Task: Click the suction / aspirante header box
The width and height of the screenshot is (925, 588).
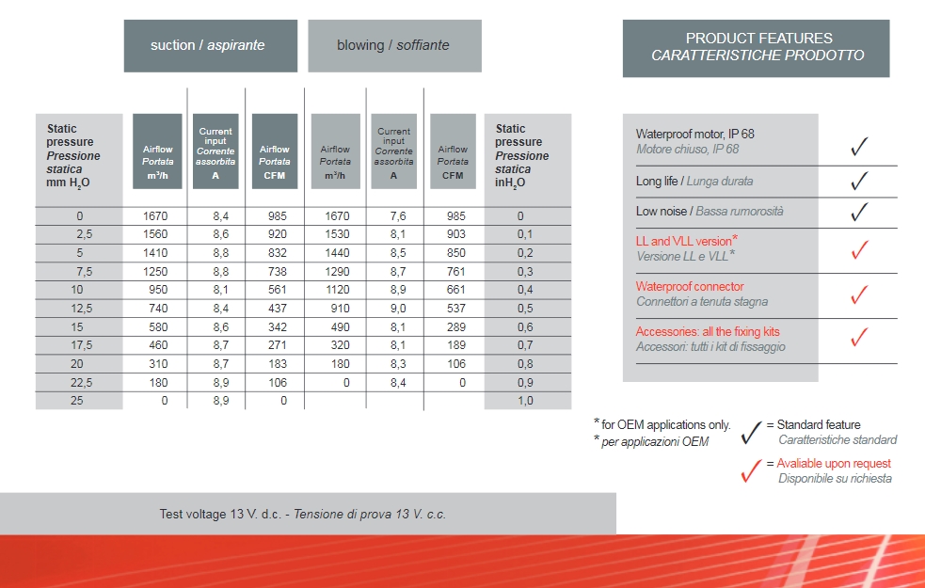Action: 210,45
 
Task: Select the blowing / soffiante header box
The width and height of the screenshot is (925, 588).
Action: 394,45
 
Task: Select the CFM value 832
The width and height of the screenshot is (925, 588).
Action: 277,253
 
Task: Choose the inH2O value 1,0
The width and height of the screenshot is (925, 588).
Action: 525,401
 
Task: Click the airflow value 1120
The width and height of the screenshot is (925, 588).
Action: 336,290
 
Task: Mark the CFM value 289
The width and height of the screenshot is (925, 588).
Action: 455,326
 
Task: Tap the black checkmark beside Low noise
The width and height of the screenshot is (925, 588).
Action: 858,213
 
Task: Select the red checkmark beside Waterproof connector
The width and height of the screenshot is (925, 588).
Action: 858,294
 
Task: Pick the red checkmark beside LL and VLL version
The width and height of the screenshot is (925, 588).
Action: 858,249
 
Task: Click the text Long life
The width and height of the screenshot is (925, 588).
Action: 657,181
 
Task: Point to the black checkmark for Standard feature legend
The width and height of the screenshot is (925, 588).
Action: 751,433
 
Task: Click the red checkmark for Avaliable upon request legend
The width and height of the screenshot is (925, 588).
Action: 751,471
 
